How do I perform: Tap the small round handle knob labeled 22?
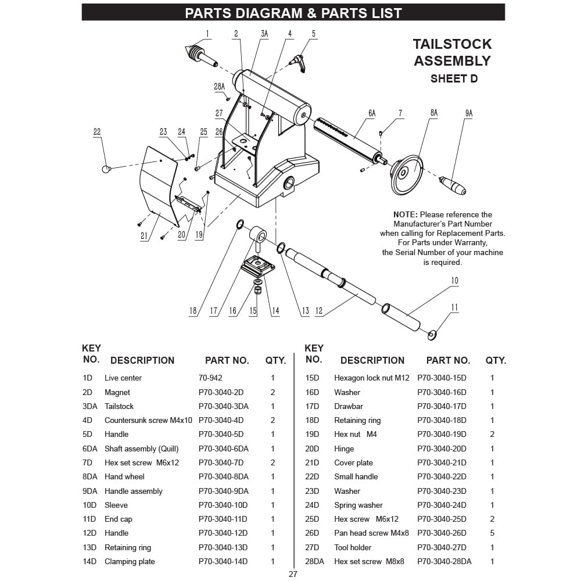click(x=106, y=169)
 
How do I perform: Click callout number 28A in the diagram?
click(x=219, y=86)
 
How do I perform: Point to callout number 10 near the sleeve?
click(x=454, y=281)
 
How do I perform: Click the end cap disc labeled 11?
click(x=432, y=335)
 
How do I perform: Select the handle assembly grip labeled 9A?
click(x=453, y=185)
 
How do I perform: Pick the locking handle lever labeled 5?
click(x=300, y=61)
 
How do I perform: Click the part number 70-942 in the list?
click(x=210, y=378)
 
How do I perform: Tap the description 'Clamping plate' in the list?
click(x=130, y=561)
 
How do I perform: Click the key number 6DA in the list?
click(x=90, y=449)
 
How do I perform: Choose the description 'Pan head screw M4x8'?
click(x=371, y=533)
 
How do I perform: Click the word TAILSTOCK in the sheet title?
click(x=452, y=44)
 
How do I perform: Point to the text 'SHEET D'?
click(x=454, y=78)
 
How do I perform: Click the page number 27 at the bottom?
click(x=293, y=574)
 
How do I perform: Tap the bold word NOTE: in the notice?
click(x=405, y=214)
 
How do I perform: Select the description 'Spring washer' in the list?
click(x=358, y=505)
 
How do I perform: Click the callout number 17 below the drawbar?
click(x=213, y=311)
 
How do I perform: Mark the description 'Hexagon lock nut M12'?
click(x=371, y=378)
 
